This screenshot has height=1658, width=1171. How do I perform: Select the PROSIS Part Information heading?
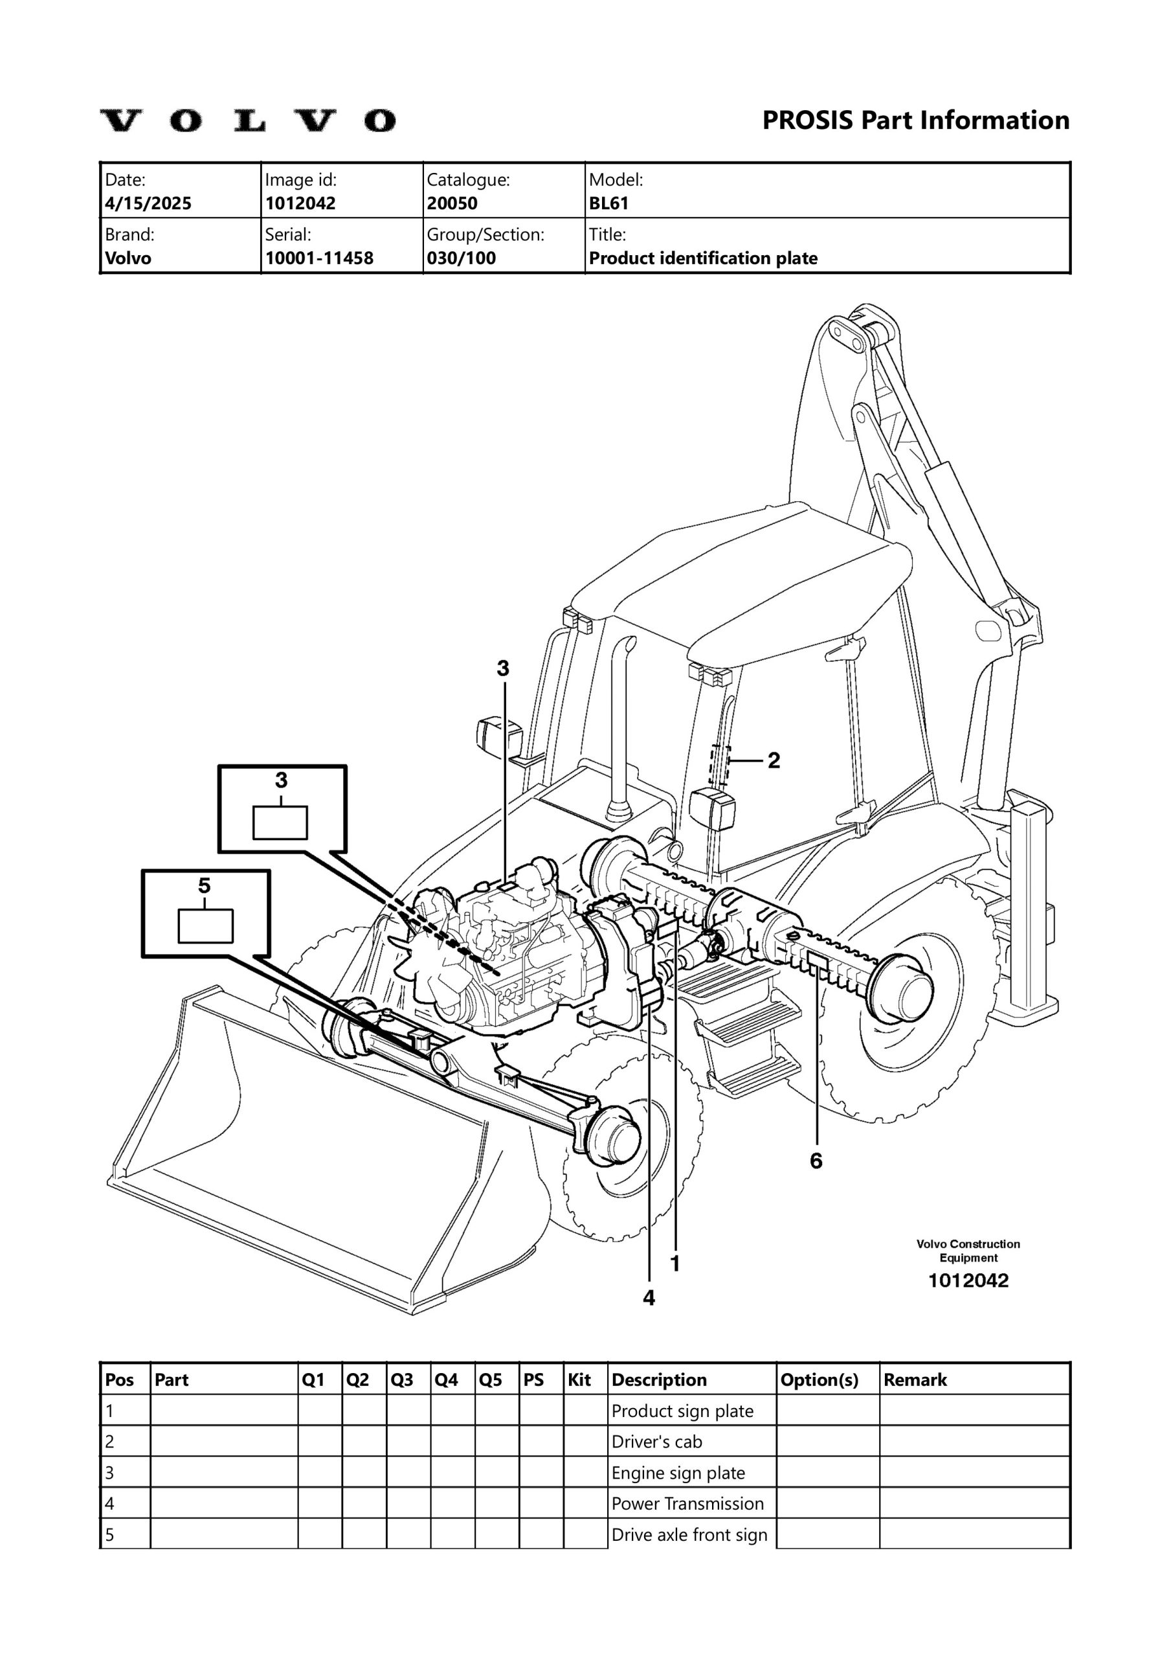[x=915, y=120]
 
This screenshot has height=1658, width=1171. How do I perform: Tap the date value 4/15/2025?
[x=148, y=203]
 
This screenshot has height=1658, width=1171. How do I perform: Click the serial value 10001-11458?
[x=319, y=258]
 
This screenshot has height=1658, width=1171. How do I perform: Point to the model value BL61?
[x=608, y=203]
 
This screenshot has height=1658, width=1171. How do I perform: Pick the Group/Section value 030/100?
[x=461, y=258]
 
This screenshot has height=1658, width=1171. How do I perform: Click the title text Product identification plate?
[x=702, y=258]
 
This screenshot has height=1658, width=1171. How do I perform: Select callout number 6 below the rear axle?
[x=816, y=1161]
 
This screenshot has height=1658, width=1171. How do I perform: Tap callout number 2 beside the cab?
[x=773, y=760]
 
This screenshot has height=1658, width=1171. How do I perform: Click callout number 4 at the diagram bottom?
[x=649, y=1298]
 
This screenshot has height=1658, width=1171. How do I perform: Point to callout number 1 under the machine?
[x=675, y=1263]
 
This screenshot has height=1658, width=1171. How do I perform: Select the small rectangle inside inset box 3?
[x=280, y=823]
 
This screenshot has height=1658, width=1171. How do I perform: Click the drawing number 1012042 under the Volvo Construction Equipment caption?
[x=968, y=1280]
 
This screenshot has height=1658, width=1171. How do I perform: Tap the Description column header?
[x=658, y=1380]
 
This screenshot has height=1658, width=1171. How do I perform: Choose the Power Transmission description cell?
[x=687, y=1503]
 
